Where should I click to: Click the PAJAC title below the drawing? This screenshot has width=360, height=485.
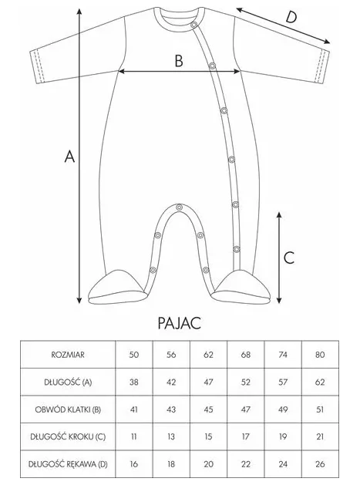(x=180, y=323)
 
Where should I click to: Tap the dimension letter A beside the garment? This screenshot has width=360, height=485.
(x=69, y=157)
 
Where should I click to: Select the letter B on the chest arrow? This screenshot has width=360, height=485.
(x=179, y=61)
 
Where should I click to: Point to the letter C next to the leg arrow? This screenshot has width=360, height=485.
(x=289, y=258)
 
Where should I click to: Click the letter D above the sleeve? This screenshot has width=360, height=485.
(x=291, y=17)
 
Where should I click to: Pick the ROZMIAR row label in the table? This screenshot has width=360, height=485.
(x=68, y=355)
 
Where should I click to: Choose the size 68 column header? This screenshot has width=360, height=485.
(x=246, y=355)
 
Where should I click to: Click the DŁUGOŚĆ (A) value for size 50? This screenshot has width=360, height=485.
(x=134, y=382)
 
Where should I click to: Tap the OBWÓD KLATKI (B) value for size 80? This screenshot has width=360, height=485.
(x=320, y=409)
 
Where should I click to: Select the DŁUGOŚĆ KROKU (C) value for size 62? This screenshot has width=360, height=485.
(x=208, y=436)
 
